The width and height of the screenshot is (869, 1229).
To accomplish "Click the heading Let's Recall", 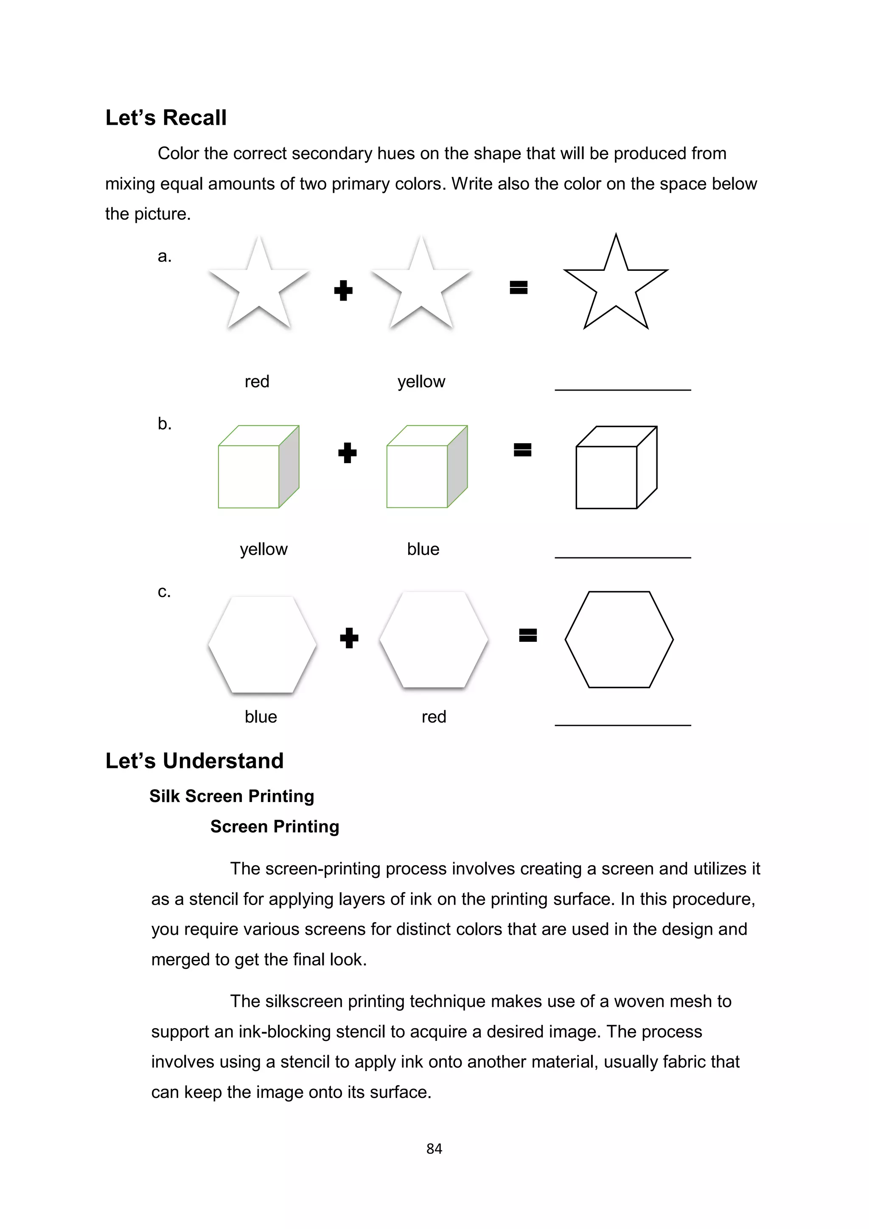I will coord(166,118).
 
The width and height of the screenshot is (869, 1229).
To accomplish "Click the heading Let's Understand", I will coord(194,761).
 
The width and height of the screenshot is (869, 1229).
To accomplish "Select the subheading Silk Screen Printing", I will coord(232,796).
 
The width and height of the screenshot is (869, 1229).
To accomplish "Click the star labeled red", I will coord(259,287).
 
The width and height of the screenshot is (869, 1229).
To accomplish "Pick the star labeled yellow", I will coord(421,287).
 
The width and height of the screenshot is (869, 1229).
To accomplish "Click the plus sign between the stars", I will coord(343,291).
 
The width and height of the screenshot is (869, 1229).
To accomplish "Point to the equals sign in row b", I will coord(522,450).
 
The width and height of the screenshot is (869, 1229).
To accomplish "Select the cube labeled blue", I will coord(426,467).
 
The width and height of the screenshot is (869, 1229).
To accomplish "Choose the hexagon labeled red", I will coord(433,640).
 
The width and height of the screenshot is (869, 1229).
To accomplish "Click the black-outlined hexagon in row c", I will coord(619,640).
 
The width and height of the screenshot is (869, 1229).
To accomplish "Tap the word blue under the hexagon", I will coord(261,717).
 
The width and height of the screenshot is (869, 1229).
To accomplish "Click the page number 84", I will coord(434,1149).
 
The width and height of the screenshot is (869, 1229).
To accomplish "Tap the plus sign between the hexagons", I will coord(349,638).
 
